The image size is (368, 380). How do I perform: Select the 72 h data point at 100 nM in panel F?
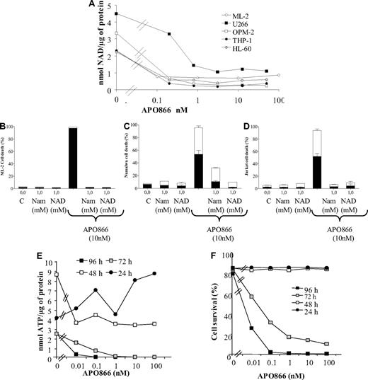pos(343,345)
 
